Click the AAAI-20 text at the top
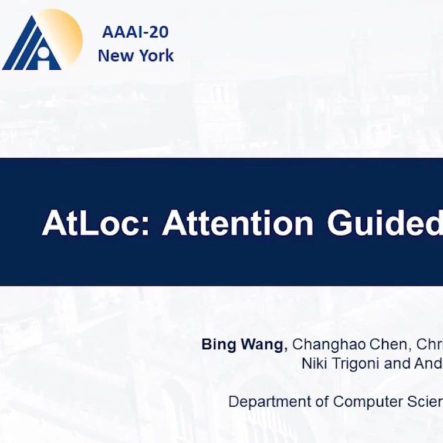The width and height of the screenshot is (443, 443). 135,32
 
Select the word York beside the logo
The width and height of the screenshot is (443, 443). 157,55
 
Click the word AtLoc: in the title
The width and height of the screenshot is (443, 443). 95,223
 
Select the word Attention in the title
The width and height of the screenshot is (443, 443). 238,223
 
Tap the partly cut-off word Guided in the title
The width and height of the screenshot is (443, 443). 385,223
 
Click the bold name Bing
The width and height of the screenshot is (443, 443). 219,345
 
